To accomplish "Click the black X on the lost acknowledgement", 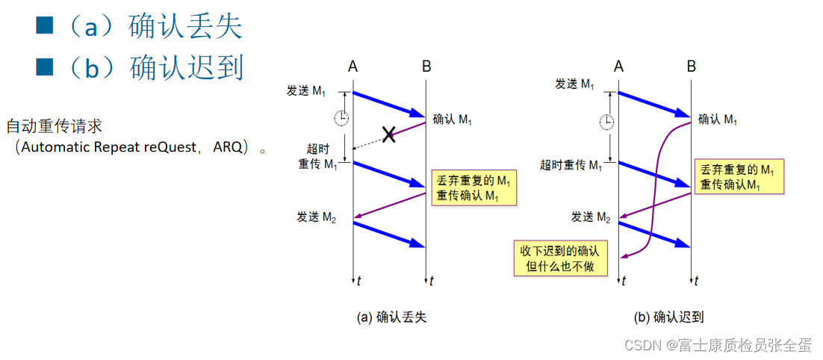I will (x=388, y=135).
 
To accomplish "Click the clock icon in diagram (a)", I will (x=341, y=117).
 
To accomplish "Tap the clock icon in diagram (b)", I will (x=608, y=120).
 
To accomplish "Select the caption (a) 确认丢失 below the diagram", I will (x=392, y=317).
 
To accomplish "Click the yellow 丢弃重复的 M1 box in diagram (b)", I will (x=739, y=178).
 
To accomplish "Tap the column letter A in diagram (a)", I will (x=353, y=67).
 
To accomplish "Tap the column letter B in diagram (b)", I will (x=692, y=67).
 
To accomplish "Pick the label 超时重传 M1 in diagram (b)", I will (x=571, y=165).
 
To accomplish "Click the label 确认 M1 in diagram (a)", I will (x=453, y=120).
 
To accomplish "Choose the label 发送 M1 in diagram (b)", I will (x=575, y=84).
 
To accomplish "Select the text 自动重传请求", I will (x=54, y=126).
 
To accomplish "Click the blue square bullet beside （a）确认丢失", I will (x=46, y=26).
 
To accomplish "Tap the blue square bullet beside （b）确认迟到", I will (x=46, y=67).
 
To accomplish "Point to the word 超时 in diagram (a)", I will (x=319, y=149).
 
